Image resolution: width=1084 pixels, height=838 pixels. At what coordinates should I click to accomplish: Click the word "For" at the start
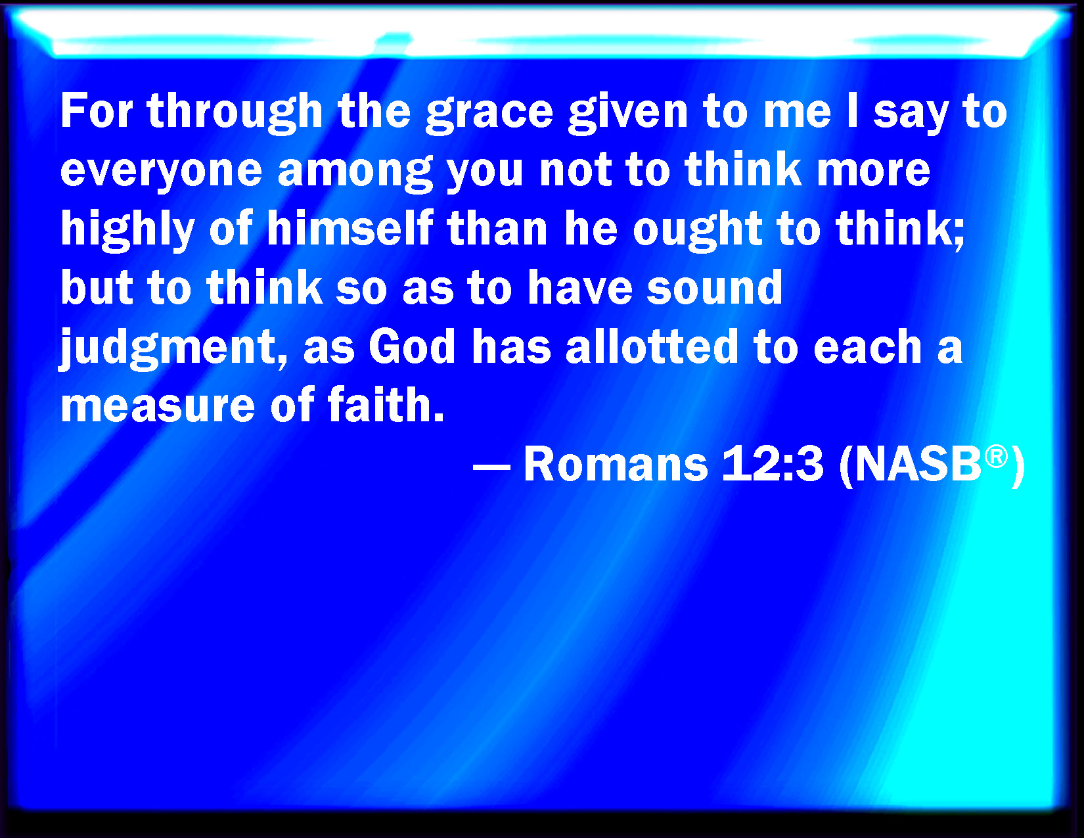[x=97, y=111]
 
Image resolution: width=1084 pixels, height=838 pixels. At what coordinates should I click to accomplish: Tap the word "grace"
[x=489, y=115]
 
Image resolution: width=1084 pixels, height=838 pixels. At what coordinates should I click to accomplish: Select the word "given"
[x=629, y=114]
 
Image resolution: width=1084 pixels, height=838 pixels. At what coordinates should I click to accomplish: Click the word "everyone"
[x=161, y=173]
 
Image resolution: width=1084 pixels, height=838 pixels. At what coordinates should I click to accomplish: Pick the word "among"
[x=355, y=173]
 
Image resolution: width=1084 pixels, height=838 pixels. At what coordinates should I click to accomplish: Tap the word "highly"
[x=127, y=230]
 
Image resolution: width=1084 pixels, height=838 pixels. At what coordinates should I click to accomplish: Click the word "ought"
[x=698, y=231]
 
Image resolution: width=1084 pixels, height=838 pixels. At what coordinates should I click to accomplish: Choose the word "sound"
[x=714, y=287]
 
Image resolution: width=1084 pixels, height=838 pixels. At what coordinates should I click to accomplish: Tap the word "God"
[x=412, y=346]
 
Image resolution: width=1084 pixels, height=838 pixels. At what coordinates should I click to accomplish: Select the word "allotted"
[x=652, y=345]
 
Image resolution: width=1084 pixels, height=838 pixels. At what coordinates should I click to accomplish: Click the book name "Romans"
[x=616, y=463]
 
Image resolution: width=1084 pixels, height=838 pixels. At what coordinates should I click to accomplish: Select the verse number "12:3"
[x=772, y=463]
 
